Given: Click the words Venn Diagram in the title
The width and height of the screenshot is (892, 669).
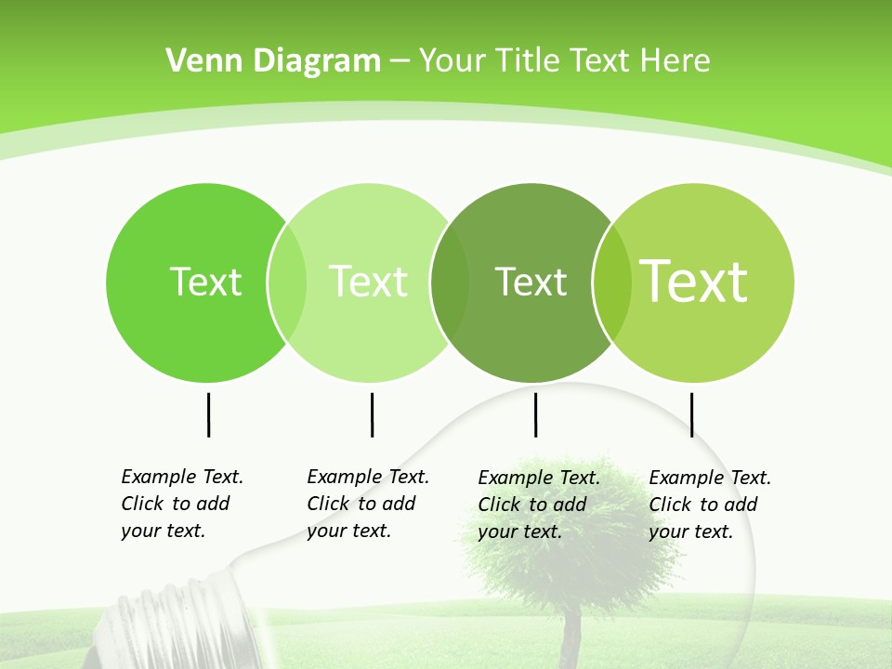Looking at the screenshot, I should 273,61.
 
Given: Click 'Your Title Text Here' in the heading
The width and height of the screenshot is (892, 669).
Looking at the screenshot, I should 565,61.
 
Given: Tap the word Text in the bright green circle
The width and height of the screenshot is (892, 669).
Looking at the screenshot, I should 205,282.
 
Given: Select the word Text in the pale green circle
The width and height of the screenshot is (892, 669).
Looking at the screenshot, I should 368,282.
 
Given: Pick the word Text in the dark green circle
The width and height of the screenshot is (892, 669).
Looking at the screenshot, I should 531,282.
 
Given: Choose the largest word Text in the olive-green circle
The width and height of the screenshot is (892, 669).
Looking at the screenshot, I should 694,282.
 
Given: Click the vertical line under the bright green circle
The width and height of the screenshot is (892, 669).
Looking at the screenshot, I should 208,414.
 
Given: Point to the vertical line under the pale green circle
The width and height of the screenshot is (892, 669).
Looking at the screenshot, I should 372,414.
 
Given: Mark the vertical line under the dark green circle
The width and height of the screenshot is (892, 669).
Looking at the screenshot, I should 535,414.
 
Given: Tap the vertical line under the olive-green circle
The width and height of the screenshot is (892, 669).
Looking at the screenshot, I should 691,414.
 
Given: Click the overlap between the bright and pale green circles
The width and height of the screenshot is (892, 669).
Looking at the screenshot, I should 287,282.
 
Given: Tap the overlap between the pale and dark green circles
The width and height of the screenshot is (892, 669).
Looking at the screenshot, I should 450,282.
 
